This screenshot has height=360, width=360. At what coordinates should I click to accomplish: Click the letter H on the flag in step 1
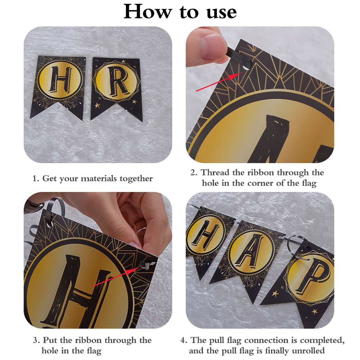pos(60,79)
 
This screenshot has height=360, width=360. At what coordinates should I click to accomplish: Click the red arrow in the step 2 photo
pos(219,82)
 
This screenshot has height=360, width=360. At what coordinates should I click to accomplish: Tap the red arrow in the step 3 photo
pos(116,277)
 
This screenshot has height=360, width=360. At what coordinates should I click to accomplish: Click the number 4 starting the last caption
pos(183,340)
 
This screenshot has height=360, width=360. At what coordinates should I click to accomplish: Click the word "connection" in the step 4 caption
pos(266,340)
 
